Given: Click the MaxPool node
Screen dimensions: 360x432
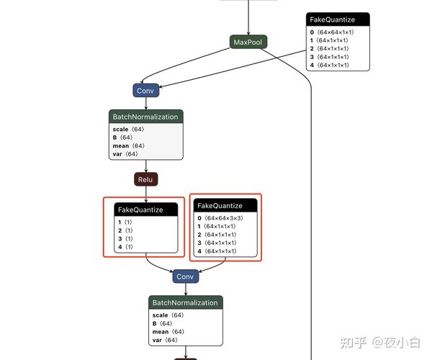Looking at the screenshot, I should click(248, 42).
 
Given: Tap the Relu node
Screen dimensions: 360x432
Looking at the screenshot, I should click(145, 179).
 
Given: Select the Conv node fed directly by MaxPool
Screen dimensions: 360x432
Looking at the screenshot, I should click(145, 90).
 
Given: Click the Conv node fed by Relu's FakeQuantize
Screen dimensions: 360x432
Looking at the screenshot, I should click(185, 276).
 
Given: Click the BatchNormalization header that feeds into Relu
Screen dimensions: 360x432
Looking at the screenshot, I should click(145, 116).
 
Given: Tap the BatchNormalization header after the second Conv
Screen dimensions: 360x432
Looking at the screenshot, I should click(185, 302).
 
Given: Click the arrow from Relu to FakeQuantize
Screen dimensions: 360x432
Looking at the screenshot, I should click(145, 194).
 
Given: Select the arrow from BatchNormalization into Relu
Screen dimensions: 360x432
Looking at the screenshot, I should click(145, 166).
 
